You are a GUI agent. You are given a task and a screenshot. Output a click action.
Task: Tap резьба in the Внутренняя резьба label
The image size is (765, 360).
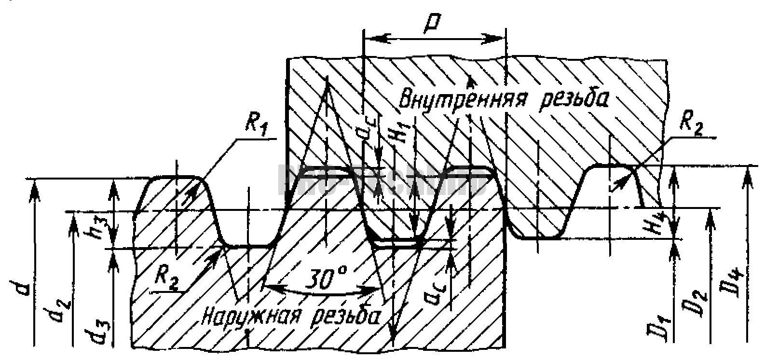(x=569, y=99)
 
